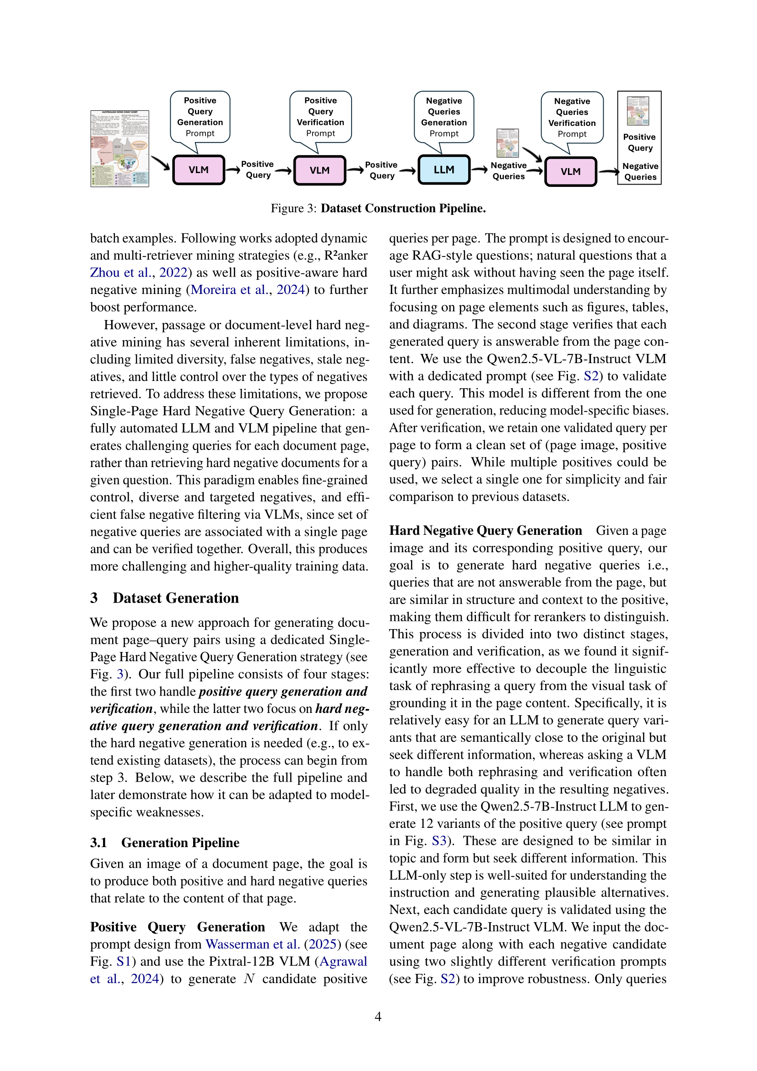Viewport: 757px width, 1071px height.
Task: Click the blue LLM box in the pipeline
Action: [x=443, y=170]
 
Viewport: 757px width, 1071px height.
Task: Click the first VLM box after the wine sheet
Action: [x=199, y=170]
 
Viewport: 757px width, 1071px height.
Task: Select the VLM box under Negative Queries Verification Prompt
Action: [x=570, y=171]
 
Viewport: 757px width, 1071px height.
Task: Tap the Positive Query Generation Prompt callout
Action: [x=200, y=117]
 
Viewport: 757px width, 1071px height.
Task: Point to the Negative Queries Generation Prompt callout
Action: [x=444, y=117]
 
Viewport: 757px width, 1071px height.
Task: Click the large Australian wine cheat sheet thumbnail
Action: [x=120, y=148]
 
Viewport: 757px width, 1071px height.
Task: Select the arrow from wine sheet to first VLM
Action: [x=160, y=163]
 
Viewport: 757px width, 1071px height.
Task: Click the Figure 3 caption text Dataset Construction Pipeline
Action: [x=403, y=208]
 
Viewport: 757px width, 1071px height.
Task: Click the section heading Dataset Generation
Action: [x=175, y=598]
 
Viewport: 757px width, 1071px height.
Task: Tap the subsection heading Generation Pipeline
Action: [x=180, y=843]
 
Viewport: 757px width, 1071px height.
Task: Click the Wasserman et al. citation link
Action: [x=253, y=944]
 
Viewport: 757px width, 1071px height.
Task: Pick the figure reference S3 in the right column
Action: [x=439, y=841]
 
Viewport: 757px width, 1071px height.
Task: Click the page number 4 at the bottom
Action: [x=378, y=1017]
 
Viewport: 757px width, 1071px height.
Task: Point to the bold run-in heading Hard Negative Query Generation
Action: [x=485, y=530]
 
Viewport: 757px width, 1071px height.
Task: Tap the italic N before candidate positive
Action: [x=249, y=979]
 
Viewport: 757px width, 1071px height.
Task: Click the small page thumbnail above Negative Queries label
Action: [x=508, y=143]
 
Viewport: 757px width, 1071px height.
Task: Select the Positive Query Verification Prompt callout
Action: [x=320, y=117]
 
